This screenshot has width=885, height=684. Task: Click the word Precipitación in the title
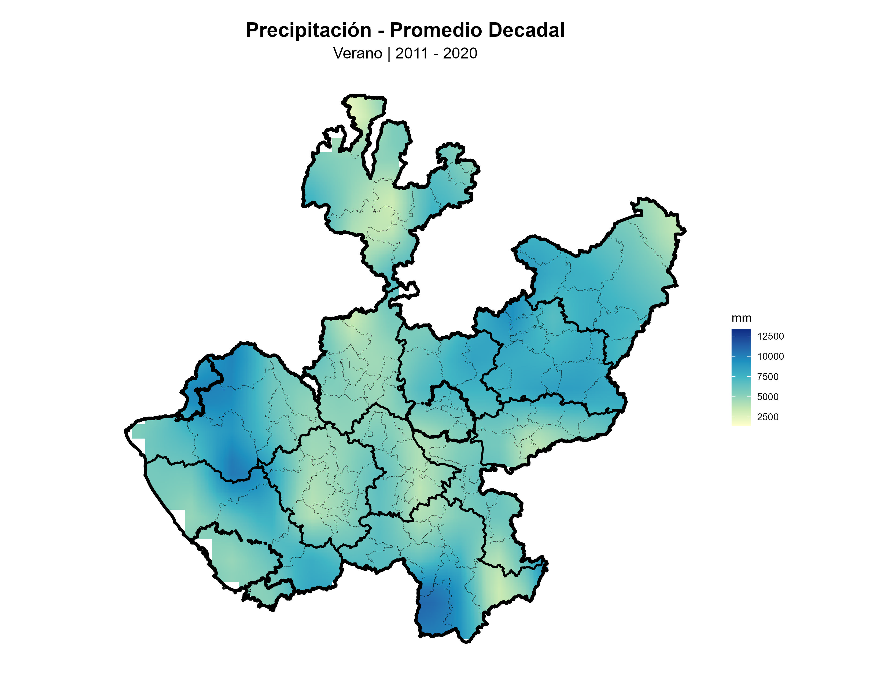pyautogui.click(x=308, y=30)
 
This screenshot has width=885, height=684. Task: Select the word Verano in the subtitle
pyautogui.click(x=357, y=53)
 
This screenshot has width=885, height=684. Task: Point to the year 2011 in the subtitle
pyautogui.click(x=411, y=53)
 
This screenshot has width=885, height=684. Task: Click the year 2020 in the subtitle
pyautogui.click(x=460, y=53)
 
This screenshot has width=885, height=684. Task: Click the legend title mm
pyautogui.click(x=741, y=318)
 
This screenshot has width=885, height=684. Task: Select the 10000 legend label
pyautogui.click(x=770, y=356)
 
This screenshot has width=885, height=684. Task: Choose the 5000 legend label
pyautogui.click(x=768, y=397)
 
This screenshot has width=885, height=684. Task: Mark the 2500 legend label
pyautogui.click(x=768, y=417)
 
